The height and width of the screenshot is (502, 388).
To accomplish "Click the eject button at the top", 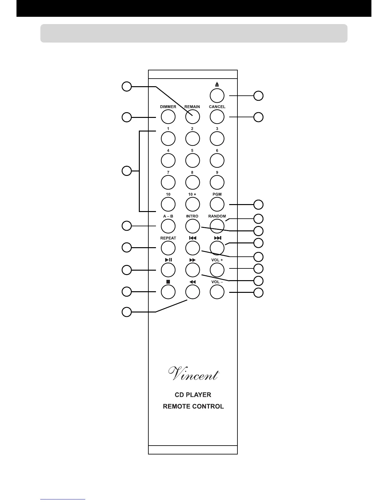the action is (217, 96).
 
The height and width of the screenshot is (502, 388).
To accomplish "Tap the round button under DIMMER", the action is (168, 117).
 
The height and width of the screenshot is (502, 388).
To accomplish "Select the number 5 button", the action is (192, 160).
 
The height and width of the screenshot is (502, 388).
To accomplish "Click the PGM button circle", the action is (217, 204).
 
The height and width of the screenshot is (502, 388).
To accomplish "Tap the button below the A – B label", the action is (168, 226).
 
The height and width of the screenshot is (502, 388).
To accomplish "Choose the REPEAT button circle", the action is (168, 248).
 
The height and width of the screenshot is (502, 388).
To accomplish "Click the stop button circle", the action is (168, 292).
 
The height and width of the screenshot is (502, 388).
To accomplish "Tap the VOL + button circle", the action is (217, 270).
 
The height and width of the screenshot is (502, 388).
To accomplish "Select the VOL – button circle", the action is (217, 292).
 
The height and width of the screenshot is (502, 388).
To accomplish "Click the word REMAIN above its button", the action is (192, 107).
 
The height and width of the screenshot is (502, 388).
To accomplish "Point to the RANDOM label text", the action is (217, 216).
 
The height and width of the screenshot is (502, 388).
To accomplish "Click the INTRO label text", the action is (192, 216).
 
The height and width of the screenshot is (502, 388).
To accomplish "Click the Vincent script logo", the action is (193, 374).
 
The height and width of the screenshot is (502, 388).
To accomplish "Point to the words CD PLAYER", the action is (193, 395).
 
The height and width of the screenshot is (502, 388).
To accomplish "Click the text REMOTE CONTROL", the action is (193, 406).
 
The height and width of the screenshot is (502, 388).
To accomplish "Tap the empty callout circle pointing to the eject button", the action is (259, 96).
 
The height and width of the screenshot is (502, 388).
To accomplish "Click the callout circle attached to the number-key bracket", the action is (127, 171).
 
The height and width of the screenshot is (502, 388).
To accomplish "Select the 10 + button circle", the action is (192, 204).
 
